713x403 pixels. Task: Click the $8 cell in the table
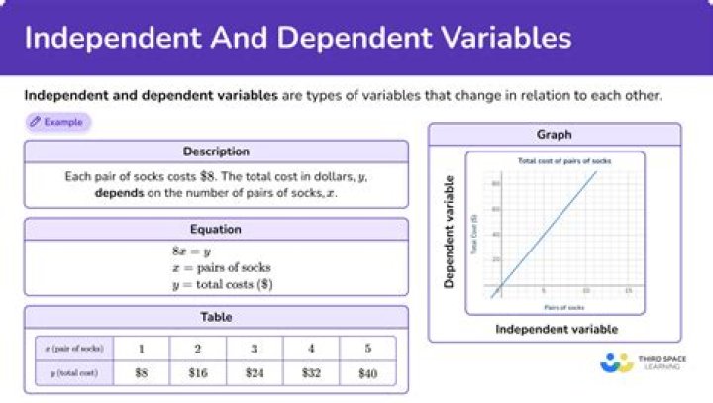coord(142,373)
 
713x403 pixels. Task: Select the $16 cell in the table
coord(198,373)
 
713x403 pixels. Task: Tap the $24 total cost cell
coord(255,373)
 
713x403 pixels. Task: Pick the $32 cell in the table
coord(311,373)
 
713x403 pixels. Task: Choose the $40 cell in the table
coord(367,373)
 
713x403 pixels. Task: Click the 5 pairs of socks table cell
coord(367,349)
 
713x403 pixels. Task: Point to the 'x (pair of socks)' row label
coord(68,349)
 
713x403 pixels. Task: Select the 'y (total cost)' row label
coord(68,373)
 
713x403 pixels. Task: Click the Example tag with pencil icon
coord(57,122)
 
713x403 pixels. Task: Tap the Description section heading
coord(216,151)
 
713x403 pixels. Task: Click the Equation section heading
coord(216,229)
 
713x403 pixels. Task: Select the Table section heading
coord(216,318)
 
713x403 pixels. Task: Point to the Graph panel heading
coord(555,134)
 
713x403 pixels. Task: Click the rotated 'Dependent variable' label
coord(449,233)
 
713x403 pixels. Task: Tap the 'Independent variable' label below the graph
coord(556,329)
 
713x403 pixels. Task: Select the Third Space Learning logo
coord(640,362)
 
